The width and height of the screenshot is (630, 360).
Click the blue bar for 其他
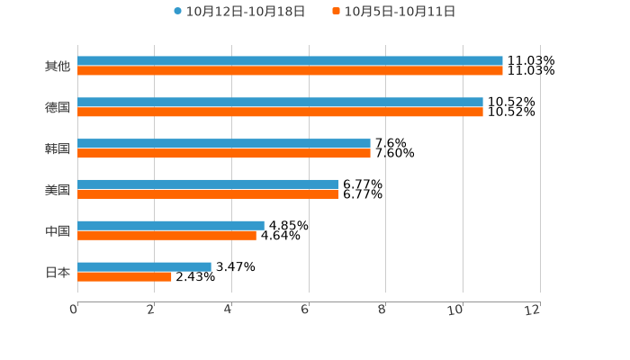click(x=290, y=61)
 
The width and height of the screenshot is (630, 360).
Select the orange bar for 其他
click(x=290, y=71)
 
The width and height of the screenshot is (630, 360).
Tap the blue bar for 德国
click(x=280, y=103)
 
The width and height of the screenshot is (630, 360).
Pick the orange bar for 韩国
click(x=224, y=154)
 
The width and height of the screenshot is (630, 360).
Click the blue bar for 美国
click(x=208, y=184)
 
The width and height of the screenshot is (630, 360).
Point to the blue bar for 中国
click(x=171, y=226)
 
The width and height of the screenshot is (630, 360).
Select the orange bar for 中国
click(x=166, y=236)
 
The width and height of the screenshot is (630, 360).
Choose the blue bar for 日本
click(x=144, y=266)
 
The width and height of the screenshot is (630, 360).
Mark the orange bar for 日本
click(x=124, y=277)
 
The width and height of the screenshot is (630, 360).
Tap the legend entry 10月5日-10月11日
click(x=400, y=12)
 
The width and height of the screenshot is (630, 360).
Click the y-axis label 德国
click(x=58, y=108)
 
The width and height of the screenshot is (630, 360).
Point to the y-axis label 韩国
click(x=58, y=148)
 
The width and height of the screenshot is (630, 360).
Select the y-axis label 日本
click(x=58, y=272)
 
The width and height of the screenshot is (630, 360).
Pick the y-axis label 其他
click(x=58, y=67)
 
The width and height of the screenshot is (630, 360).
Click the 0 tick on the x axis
click(x=74, y=310)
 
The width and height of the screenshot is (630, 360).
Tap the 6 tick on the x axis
click(x=305, y=310)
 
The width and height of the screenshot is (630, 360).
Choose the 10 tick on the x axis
click(x=457, y=310)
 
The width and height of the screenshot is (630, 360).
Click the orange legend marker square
click(x=337, y=12)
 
